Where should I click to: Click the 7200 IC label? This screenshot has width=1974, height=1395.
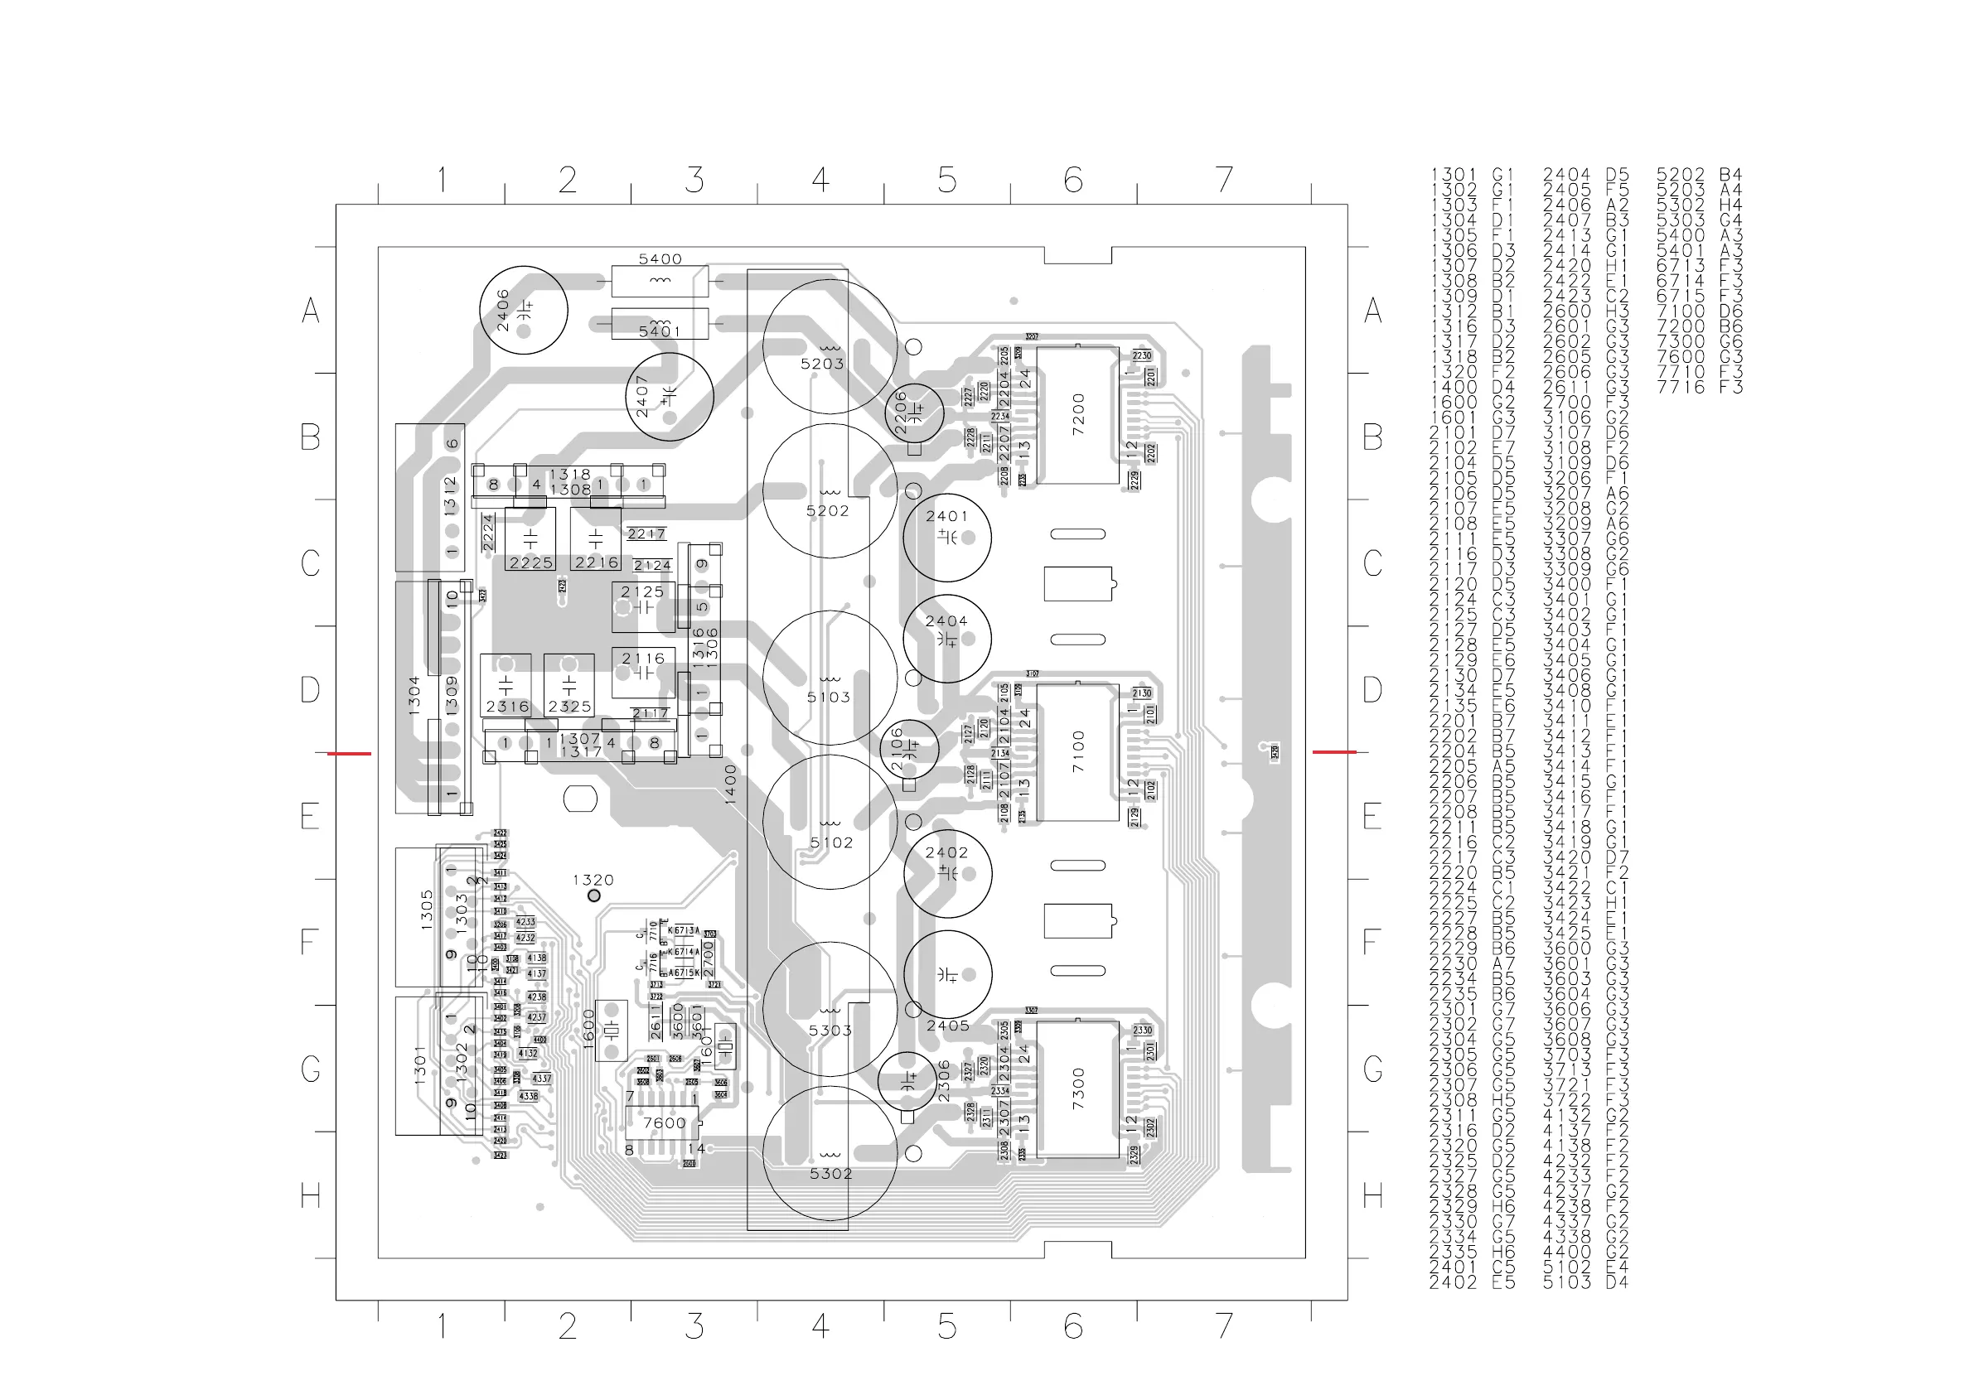click(x=1079, y=414)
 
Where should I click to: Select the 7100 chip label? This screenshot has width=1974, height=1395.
click(x=1079, y=751)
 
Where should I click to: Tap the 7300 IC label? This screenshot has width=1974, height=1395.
click(x=1079, y=1088)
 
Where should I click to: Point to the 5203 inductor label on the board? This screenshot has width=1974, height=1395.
click(x=822, y=364)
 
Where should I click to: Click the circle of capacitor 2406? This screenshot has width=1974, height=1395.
click(x=523, y=310)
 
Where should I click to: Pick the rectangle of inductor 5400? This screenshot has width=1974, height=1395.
click(x=660, y=281)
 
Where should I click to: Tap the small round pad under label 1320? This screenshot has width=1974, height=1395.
click(x=593, y=895)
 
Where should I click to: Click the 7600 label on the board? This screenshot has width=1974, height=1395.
click(x=665, y=1122)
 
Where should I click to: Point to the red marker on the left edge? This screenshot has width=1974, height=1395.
click(x=348, y=754)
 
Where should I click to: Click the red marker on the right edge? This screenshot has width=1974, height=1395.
click(x=1333, y=752)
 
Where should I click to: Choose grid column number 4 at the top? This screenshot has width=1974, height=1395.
click(x=820, y=180)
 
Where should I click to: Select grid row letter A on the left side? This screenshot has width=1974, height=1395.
click(x=311, y=311)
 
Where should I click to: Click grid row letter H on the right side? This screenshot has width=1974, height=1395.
click(x=1372, y=1195)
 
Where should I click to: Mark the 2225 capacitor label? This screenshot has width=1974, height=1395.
click(x=530, y=563)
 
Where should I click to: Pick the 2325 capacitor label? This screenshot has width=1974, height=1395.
click(x=569, y=707)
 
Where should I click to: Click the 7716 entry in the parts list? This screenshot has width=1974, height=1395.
click(x=1680, y=387)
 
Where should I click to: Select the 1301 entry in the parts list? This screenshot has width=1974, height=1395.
click(x=1454, y=175)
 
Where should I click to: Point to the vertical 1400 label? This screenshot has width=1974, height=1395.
click(x=731, y=784)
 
